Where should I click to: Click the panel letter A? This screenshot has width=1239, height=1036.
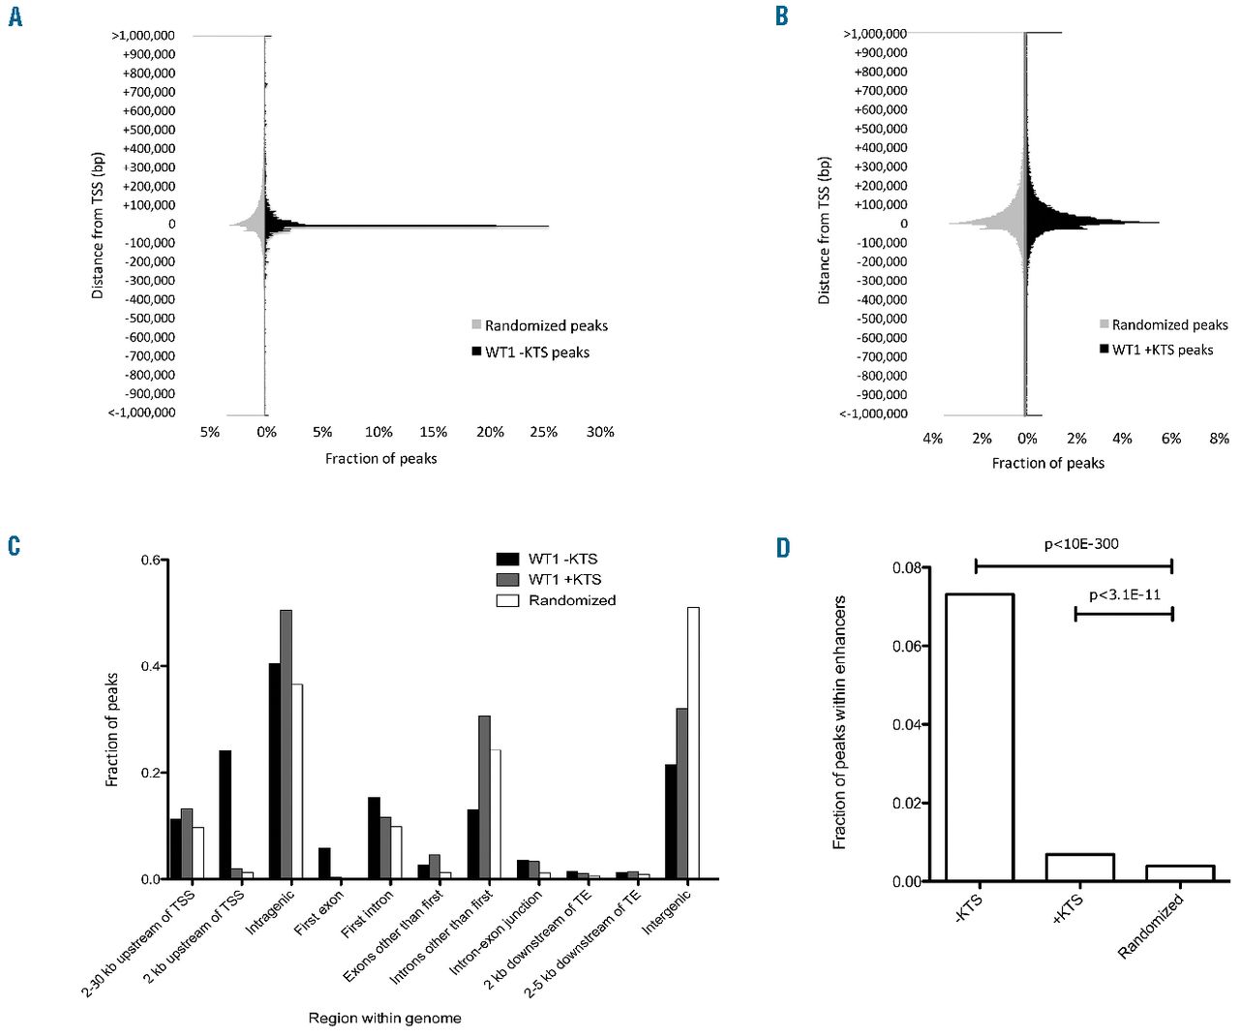point(15,17)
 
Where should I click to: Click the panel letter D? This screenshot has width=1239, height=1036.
point(782,548)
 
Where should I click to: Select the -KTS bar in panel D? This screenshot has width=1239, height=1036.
point(980,737)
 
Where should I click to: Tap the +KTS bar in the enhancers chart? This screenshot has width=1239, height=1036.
point(1080,868)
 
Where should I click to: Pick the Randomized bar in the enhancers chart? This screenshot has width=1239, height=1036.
point(1180,873)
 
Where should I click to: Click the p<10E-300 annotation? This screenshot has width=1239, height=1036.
point(1080,544)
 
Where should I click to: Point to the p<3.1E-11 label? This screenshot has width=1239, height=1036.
point(1124,594)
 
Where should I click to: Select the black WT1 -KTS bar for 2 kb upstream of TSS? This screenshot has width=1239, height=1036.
point(226,814)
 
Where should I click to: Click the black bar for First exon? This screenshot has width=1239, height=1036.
point(324,863)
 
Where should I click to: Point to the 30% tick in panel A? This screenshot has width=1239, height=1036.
point(600,432)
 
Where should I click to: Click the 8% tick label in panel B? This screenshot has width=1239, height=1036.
point(1219,439)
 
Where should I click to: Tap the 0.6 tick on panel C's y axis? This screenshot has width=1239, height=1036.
point(151,560)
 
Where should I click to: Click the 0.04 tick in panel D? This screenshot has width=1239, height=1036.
point(907,724)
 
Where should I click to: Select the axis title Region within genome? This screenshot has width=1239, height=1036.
point(384,1018)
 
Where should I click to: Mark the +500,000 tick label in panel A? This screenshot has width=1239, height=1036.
point(149,130)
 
